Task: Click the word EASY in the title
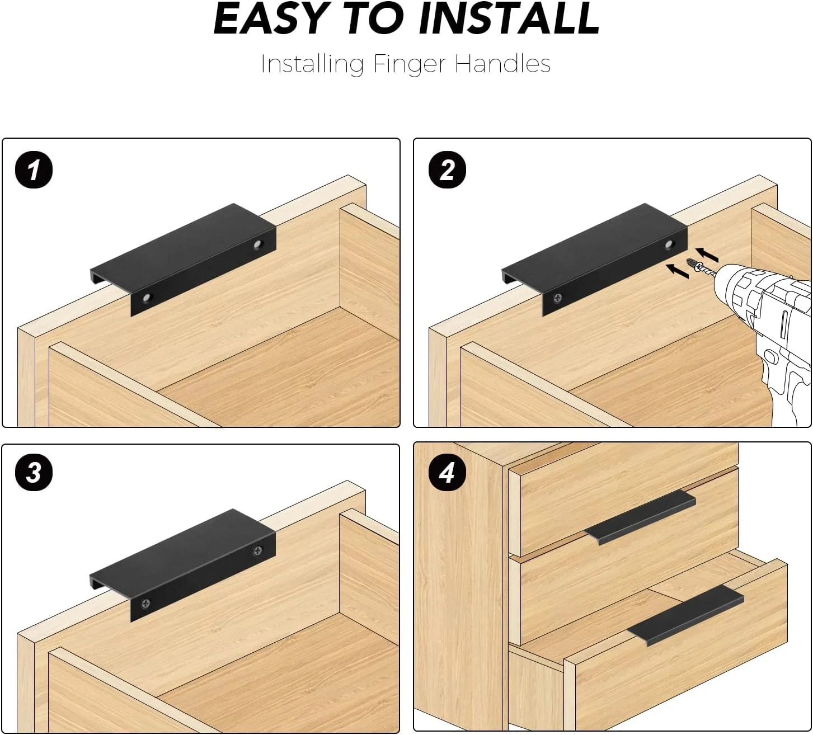tap(269, 19)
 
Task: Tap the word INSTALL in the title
tap(509, 19)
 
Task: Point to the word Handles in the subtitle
tap(502, 64)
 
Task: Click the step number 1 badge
tap(34, 170)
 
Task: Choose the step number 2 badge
tap(447, 170)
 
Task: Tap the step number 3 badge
tap(34, 473)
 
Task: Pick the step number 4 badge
tap(447, 473)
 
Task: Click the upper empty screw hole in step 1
tap(258, 244)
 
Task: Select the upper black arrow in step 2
tap(707, 255)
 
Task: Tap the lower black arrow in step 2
tap(677, 271)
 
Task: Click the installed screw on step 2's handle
tap(558, 298)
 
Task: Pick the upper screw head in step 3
tap(258, 550)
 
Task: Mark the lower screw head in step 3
tap(146, 604)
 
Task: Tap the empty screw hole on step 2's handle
tap(669, 244)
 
